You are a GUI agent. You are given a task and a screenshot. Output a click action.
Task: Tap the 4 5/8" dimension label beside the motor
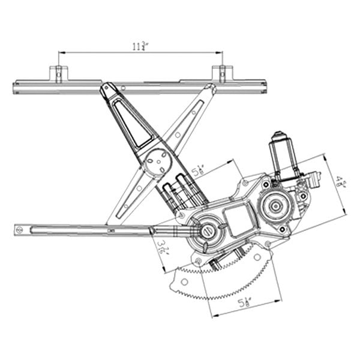[x=340, y=182]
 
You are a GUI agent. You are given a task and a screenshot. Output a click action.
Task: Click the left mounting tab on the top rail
[x=59, y=73]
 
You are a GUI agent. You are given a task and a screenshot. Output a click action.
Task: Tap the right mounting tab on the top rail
[x=221, y=73]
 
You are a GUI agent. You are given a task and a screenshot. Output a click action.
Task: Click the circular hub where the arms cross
[x=158, y=164]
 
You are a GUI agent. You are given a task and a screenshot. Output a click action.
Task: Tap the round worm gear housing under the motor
[x=275, y=205]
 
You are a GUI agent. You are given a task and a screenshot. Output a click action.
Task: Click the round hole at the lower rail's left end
[x=19, y=229]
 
